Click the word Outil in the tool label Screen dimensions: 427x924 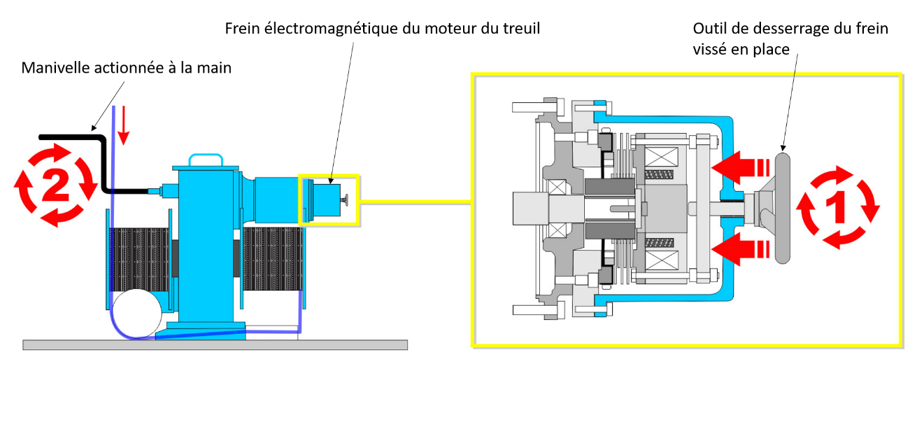click(708, 29)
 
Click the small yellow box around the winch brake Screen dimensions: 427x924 click(328, 199)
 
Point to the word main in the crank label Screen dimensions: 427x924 click(215, 69)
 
